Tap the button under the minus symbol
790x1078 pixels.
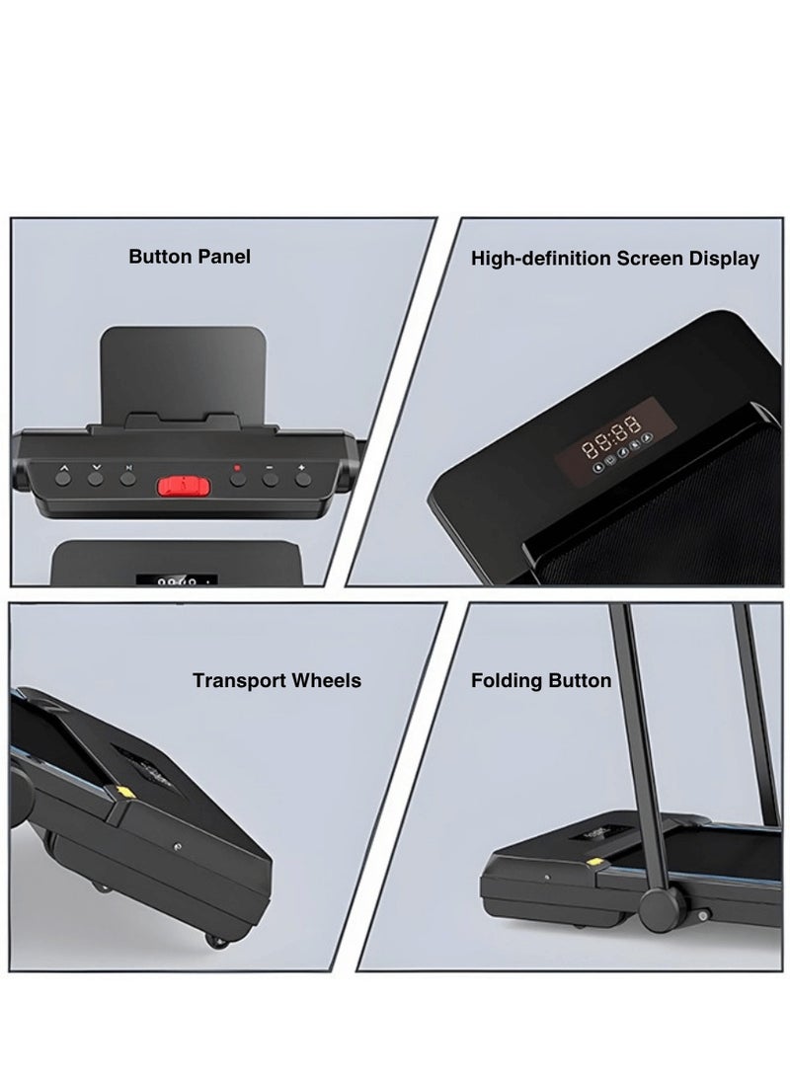pyautogui.click(x=270, y=480)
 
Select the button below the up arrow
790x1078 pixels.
pyautogui.click(x=64, y=480)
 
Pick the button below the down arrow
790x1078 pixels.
pyautogui.click(x=96, y=480)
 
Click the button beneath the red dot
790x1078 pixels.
pyautogui.click(x=237, y=480)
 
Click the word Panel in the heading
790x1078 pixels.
pyautogui.click(x=222, y=257)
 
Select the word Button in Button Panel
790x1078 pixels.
pyautogui.click(x=160, y=257)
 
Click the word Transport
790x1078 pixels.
pyautogui.click(x=240, y=680)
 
